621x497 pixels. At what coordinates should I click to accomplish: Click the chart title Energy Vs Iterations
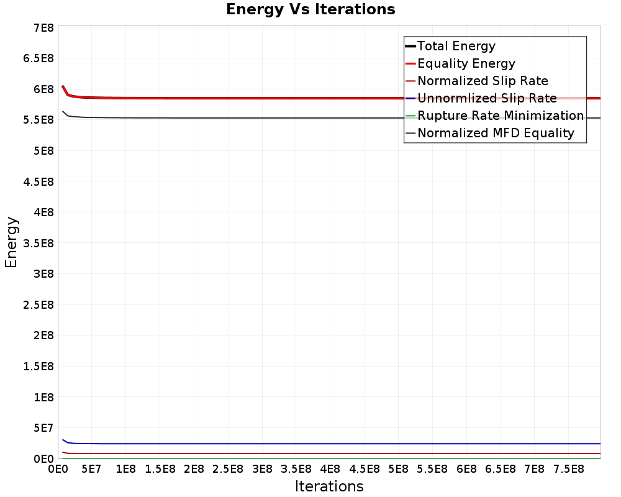pyautogui.click(x=310, y=9)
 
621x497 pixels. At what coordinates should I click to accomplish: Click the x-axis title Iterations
pyautogui.click(x=329, y=486)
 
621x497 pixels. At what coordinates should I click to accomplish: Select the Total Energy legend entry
pyautogui.click(x=456, y=46)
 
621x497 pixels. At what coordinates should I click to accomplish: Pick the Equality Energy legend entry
pyautogui.click(x=466, y=63)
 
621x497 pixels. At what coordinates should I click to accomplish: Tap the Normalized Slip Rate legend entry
pyautogui.click(x=483, y=81)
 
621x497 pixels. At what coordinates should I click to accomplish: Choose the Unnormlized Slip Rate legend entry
pyautogui.click(x=487, y=98)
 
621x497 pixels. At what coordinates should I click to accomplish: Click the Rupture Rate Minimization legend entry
pyautogui.click(x=501, y=116)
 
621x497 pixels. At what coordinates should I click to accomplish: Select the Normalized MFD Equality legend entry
pyautogui.click(x=496, y=133)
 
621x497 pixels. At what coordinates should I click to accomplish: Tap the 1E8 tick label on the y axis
pyautogui.click(x=43, y=397)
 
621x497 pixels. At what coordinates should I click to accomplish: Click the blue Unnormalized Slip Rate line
pyautogui.click(x=310, y=444)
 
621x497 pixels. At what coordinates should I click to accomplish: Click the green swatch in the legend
pyautogui.click(x=410, y=116)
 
